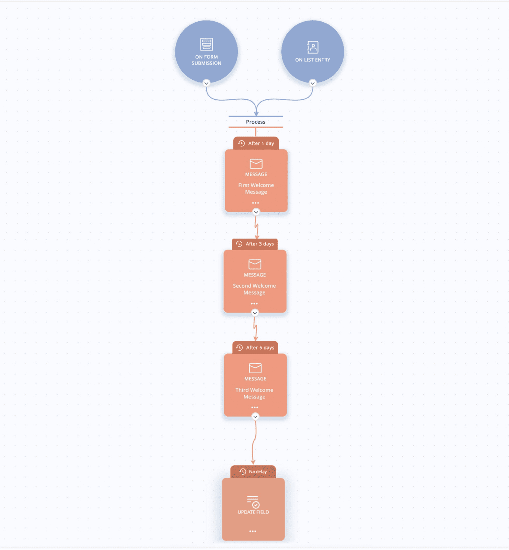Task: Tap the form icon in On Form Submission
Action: click(206, 44)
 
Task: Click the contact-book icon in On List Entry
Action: click(312, 47)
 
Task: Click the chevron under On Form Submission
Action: click(206, 83)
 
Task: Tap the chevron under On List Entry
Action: click(312, 83)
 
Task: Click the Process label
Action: click(256, 122)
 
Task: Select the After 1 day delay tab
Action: click(256, 143)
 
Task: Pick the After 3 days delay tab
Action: click(255, 244)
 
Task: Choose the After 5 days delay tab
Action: click(255, 348)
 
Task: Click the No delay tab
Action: click(253, 472)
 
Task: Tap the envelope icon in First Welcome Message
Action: click(256, 164)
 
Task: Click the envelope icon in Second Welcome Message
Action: click(255, 264)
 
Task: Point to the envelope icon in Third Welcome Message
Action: click(255, 368)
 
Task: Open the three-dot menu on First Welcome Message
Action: click(256, 203)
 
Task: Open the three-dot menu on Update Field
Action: click(253, 531)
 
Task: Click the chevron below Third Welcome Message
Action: click(255, 417)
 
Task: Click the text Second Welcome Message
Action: click(254, 289)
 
